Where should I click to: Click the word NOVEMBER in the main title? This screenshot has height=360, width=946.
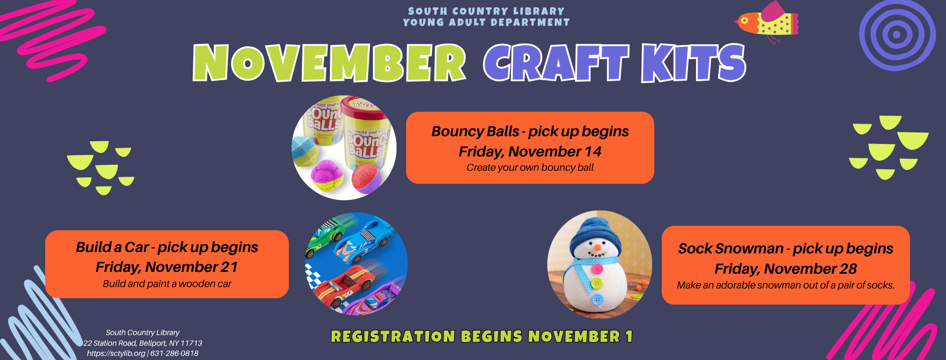[x=329, y=63]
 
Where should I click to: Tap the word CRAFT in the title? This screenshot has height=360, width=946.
[x=556, y=63]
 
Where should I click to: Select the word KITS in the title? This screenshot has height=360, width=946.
[x=694, y=63]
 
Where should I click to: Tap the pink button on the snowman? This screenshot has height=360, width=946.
[x=598, y=269]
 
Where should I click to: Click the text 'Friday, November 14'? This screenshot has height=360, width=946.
[x=530, y=151]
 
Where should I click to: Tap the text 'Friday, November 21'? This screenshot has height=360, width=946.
[x=167, y=267]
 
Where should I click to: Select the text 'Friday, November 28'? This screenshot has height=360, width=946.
[x=785, y=269]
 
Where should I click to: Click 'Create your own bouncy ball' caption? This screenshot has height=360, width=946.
[x=530, y=168]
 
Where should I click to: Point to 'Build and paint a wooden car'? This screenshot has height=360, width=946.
[x=167, y=283]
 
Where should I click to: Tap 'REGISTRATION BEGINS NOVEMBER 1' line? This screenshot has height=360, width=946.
[x=482, y=336]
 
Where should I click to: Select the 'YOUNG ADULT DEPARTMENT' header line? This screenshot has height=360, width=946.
[x=486, y=22]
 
